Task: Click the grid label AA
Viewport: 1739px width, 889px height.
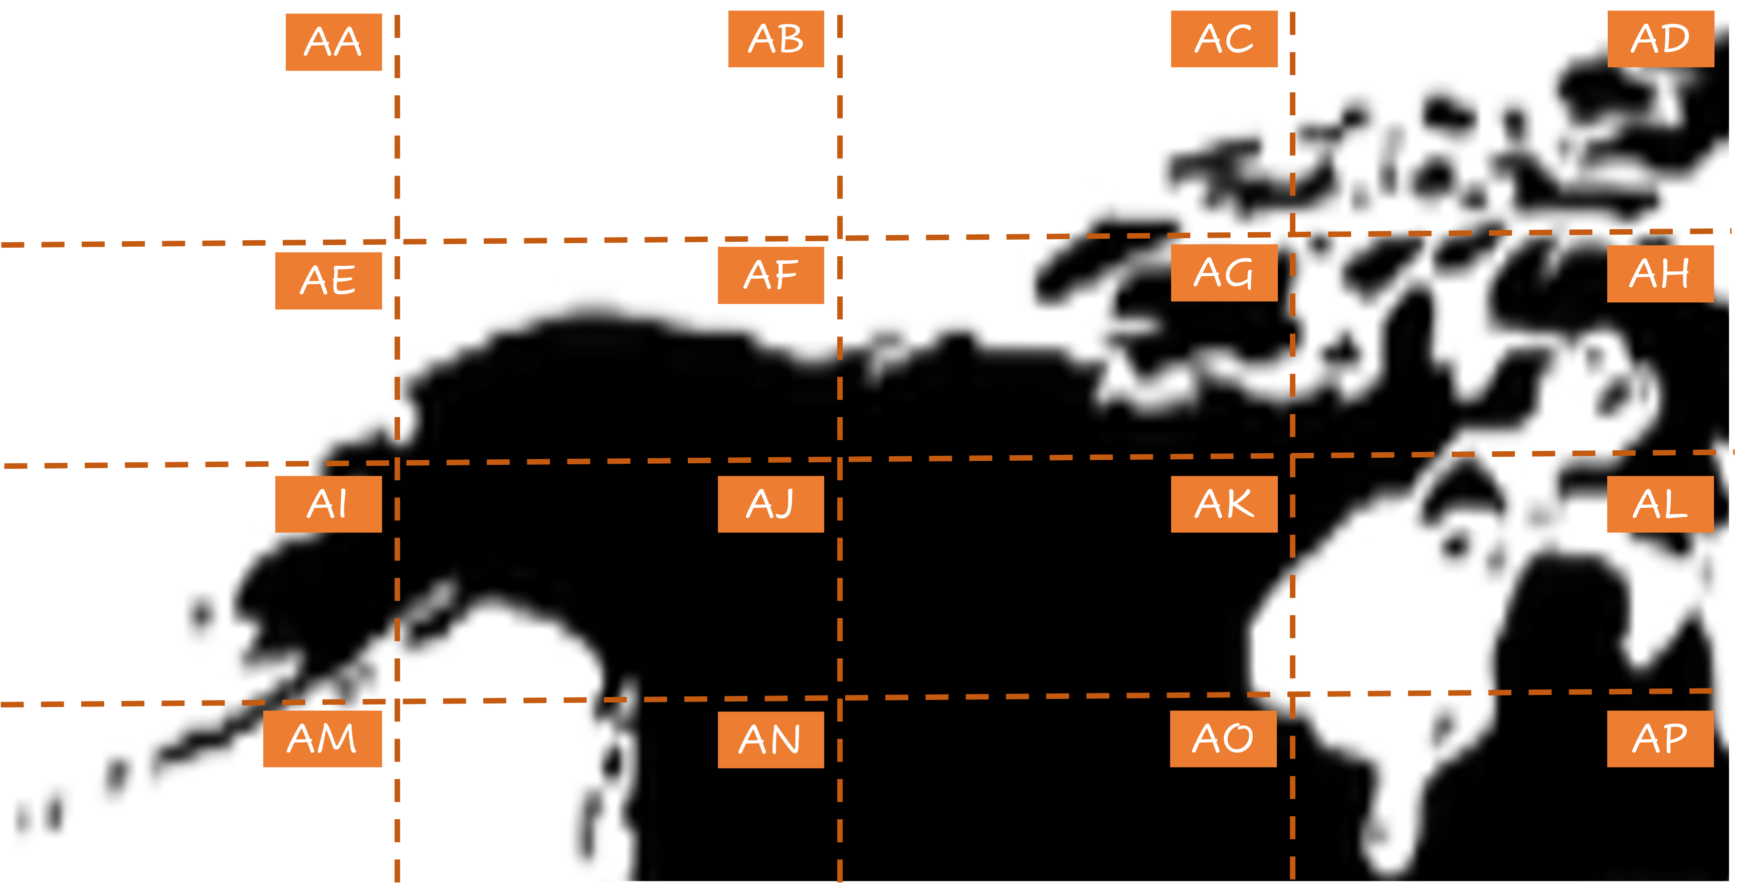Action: tap(333, 42)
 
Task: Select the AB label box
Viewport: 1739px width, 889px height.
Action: tap(777, 39)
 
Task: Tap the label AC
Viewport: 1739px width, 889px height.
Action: tap(1224, 39)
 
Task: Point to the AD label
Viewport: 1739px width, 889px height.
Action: tap(1660, 39)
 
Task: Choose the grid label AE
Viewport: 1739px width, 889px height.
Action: tap(328, 280)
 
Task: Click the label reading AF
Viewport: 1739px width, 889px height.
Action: tap(770, 275)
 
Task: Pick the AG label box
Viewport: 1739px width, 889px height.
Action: tap(1223, 273)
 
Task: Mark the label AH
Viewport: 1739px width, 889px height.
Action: tap(1660, 273)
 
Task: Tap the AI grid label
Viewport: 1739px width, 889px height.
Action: tap(328, 504)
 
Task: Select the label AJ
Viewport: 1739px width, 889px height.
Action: tap(770, 504)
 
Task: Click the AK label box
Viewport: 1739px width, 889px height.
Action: tap(1224, 504)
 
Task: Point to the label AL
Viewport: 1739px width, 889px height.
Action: tap(1660, 504)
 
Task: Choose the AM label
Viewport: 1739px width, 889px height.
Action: tap(322, 739)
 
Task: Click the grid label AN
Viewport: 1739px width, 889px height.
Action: tap(770, 740)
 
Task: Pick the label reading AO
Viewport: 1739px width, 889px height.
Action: tap(1223, 739)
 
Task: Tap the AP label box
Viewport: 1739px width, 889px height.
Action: tap(1660, 739)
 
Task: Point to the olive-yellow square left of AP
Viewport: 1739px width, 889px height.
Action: tap(1418, 708)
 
